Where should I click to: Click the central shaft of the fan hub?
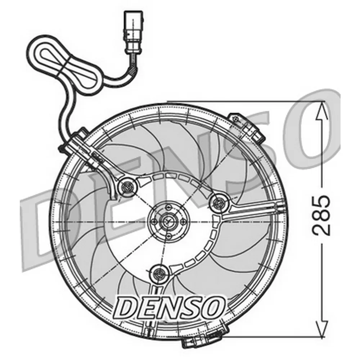[168, 221]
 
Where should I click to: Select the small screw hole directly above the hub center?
[168, 207]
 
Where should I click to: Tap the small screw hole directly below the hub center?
[167, 235]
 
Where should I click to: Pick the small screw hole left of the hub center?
[154, 221]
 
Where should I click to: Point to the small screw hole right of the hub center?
[182, 221]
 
